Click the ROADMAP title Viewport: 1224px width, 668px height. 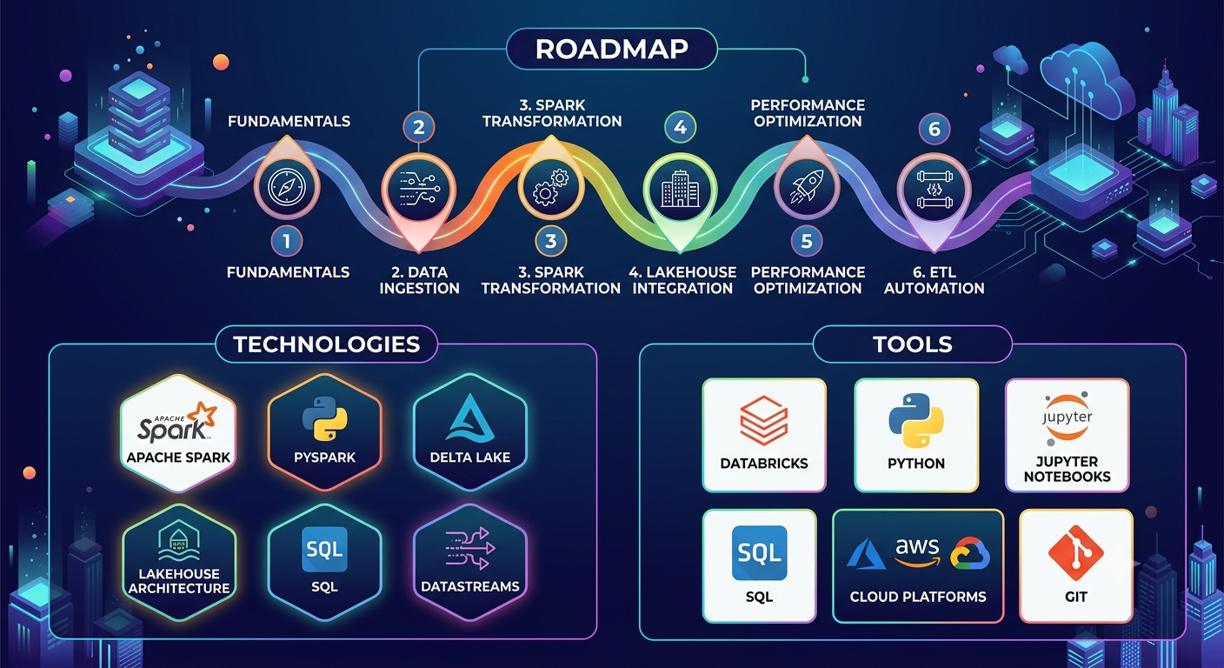coord(611,50)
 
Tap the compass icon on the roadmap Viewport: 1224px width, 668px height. coord(287,187)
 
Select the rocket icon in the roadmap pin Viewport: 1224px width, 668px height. coord(807,187)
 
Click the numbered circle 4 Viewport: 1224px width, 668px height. coord(681,127)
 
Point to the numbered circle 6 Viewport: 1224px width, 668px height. coord(935,129)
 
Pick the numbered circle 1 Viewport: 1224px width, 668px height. coord(287,241)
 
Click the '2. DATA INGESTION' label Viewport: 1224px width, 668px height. coord(420,280)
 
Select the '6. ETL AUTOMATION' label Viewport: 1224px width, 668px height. coord(935,280)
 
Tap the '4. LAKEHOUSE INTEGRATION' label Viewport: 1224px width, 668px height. coord(682,280)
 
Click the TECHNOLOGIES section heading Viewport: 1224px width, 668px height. coord(327,344)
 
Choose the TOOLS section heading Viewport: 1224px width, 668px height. coord(913,344)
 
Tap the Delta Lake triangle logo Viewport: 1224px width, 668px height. coord(470,417)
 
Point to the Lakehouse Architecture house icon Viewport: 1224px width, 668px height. coord(179,541)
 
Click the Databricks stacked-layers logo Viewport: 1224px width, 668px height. coord(764,421)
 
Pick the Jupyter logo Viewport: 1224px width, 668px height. coord(1068,418)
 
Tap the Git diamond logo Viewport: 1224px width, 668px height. coord(1076,552)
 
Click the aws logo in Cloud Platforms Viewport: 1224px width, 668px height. coord(917,552)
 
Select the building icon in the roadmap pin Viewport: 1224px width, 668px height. coord(681,188)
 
